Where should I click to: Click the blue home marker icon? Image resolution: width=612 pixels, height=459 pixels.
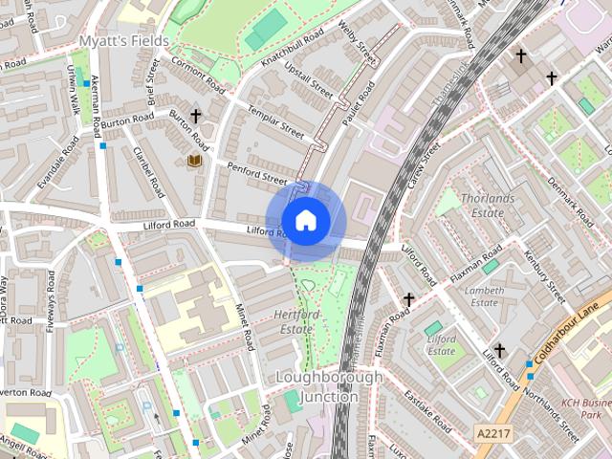(306, 221)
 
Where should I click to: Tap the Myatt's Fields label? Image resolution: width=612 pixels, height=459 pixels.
(123, 41)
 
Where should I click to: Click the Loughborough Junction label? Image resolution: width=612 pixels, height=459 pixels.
(328, 386)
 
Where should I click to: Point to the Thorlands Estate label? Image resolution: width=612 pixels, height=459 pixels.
(488, 206)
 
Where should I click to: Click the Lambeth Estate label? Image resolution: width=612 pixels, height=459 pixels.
(484, 296)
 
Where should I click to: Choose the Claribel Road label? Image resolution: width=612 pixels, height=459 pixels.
(150, 172)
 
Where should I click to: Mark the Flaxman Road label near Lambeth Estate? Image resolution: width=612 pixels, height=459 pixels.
(463, 267)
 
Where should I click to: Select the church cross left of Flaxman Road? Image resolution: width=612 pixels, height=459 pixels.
(408, 299)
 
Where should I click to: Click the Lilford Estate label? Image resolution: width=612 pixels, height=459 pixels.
(441, 345)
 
